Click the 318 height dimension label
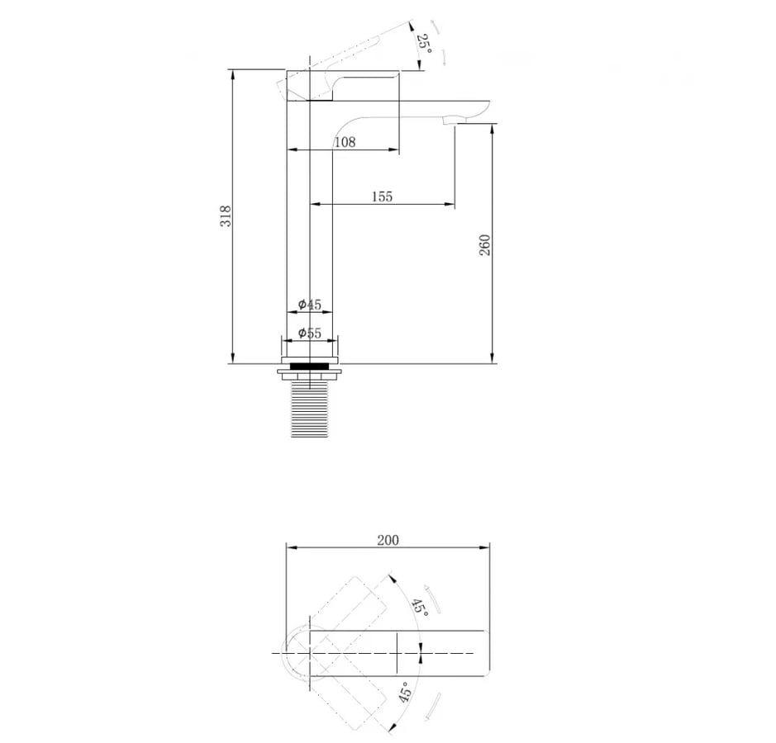[x=226, y=215]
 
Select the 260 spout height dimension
[x=484, y=244]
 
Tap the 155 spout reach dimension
[x=382, y=196]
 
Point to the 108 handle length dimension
[x=345, y=142]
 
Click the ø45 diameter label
[x=310, y=304]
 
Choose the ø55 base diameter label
[x=310, y=334]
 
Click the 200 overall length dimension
[x=388, y=540]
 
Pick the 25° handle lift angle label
[x=424, y=45]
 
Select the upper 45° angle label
[x=420, y=607]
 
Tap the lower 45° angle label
[x=404, y=693]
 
